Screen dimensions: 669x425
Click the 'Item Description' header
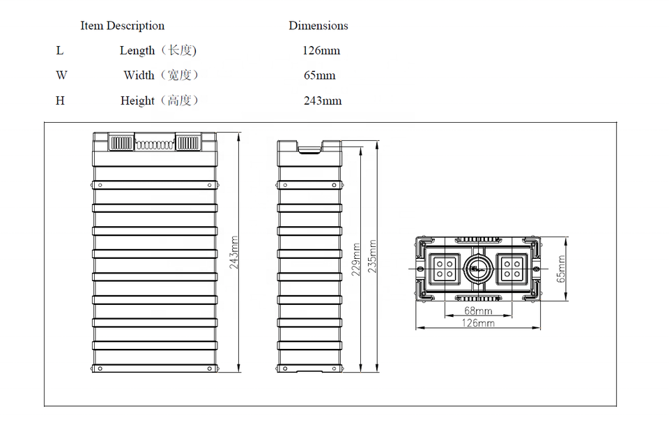point(123,26)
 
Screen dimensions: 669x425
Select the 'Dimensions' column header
point(318,26)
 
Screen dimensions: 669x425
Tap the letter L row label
point(60,50)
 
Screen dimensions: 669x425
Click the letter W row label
point(61,75)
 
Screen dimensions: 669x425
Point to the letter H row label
point(60,100)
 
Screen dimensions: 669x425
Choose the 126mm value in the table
point(321,50)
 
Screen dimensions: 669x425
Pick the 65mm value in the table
point(320,75)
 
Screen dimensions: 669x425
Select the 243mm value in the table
point(323,100)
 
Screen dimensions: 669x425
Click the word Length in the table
point(137,50)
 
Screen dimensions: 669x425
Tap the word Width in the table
point(139,75)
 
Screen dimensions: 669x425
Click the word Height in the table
point(137,100)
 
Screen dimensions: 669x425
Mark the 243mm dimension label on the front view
point(234,253)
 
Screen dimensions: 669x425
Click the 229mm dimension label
point(356,260)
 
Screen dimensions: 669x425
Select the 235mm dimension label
point(372,256)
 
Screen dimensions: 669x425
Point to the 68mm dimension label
point(478,311)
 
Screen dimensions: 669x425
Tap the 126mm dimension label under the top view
point(478,323)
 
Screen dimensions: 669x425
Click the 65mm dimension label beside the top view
point(560,269)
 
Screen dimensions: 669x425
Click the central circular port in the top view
point(478,269)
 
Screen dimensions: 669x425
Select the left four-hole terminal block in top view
point(444,269)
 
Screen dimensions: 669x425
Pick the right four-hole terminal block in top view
point(512,269)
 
